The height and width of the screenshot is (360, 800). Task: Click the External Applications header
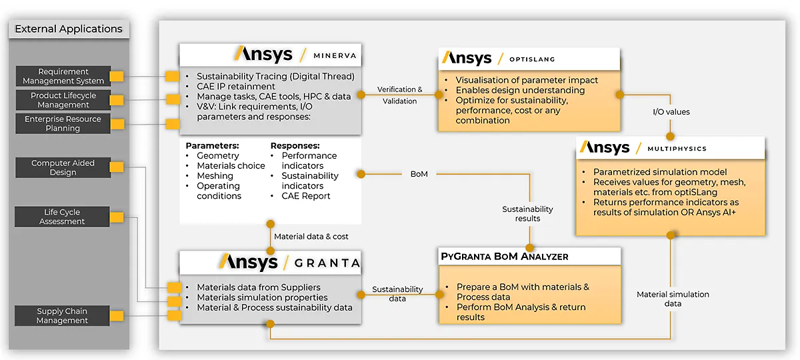[x=69, y=29]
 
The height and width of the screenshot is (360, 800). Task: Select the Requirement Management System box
[x=63, y=76]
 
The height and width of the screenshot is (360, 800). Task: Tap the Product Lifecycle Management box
[x=63, y=100]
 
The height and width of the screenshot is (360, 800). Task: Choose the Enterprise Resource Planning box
[x=63, y=123]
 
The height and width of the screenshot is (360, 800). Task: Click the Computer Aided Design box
[x=63, y=167]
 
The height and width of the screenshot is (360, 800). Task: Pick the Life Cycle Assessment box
[x=62, y=217]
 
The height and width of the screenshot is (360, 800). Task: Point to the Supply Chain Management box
[x=62, y=315]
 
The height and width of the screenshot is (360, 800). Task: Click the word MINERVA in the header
[x=335, y=55]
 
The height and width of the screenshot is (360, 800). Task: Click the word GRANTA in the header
[x=327, y=263]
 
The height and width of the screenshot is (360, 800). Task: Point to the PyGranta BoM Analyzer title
[x=504, y=256]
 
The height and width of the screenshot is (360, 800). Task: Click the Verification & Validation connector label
[x=400, y=95]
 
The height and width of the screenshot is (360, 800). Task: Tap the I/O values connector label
[x=671, y=112]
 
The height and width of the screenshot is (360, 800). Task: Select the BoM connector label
[x=419, y=174]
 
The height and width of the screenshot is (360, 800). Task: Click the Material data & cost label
[x=311, y=236]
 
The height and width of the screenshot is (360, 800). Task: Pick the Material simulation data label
[x=673, y=299]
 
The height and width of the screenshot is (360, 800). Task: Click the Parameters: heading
[x=212, y=145]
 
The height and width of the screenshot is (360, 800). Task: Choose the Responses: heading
[x=295, y=145]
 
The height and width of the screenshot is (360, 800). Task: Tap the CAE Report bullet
[x=306, y=196]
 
